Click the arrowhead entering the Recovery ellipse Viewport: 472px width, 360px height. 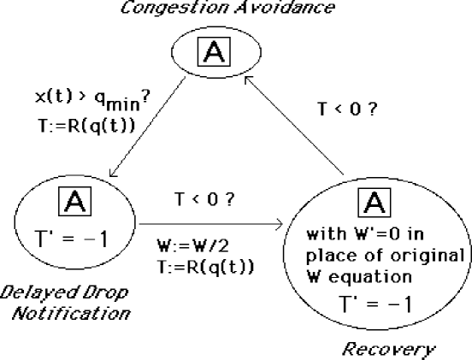coord(280,226)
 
